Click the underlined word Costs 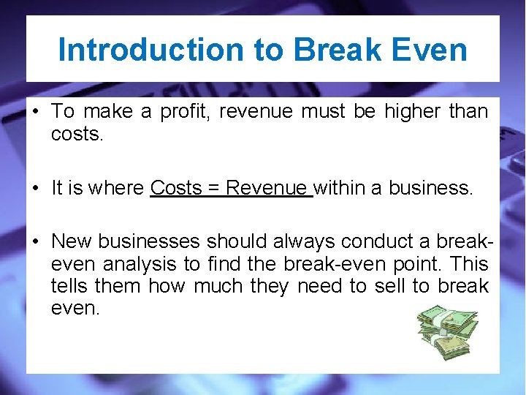tap(175, 188)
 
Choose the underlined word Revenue tap(266, 188)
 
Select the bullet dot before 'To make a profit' tap(34, 112)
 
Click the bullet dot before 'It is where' tap(34, 188)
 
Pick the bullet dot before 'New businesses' tap(34, 241)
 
